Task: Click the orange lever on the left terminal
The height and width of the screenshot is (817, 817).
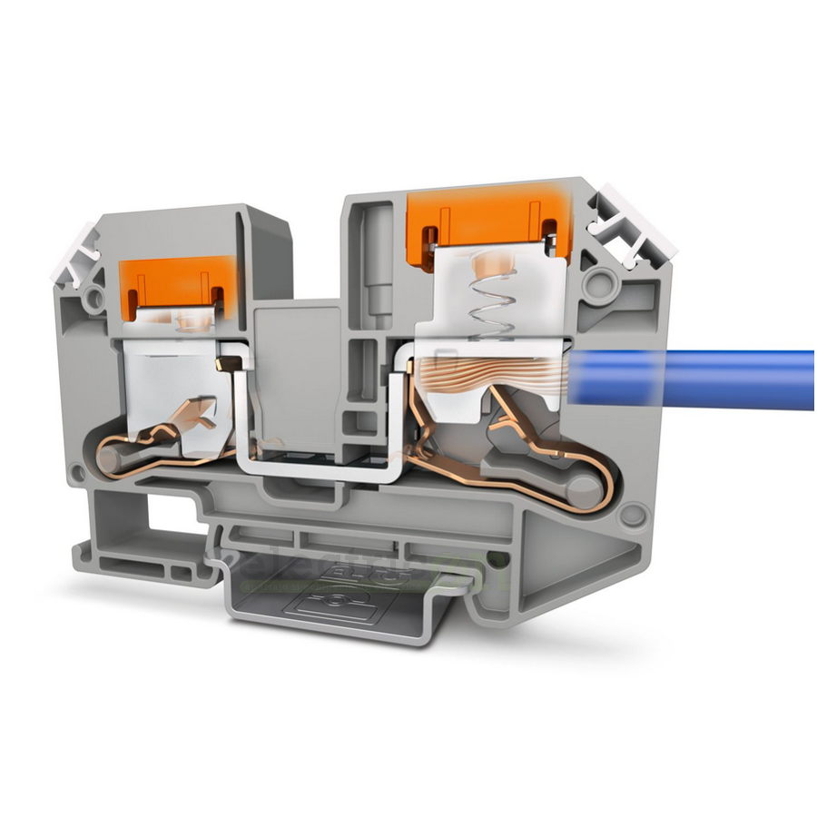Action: pyautogui.click(x=172, y=282)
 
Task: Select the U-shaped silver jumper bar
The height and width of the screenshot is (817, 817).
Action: pyautogui.click(x=313, y=463)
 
